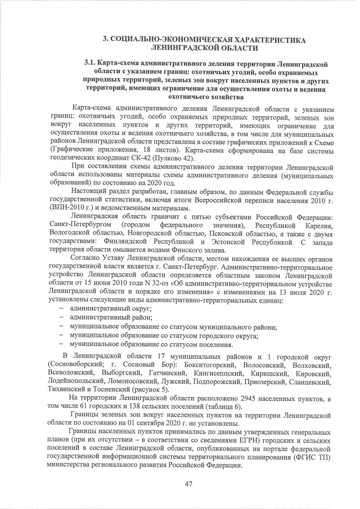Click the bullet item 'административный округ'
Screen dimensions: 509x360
pos(110,309)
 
